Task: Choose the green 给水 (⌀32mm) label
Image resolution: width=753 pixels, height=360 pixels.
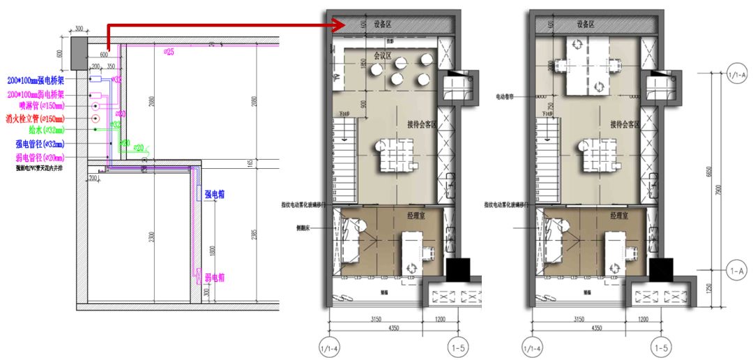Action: (x=46, y=130)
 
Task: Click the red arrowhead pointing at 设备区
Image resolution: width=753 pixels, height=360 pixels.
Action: (x=337, y=26)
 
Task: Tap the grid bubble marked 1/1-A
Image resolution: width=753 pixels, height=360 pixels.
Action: (x=736, y=73)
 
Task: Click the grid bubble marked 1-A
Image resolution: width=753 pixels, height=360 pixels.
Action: (x=736, y=268)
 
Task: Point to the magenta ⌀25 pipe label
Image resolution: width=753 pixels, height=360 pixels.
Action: (x=168, y=52)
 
